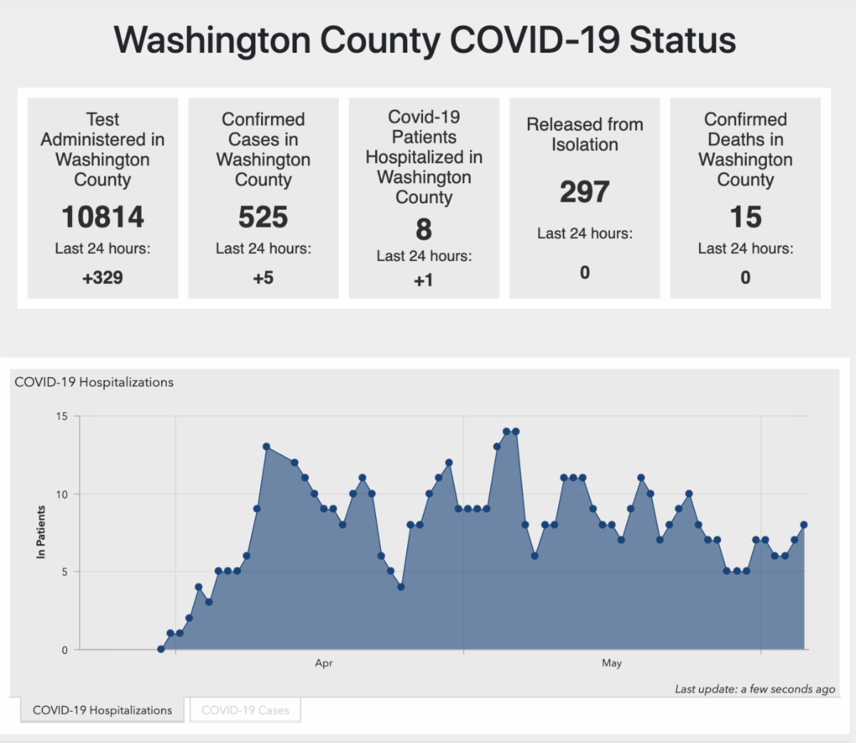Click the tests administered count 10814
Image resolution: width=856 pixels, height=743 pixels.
[103, 217]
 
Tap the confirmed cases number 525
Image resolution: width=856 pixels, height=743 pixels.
[263, 217]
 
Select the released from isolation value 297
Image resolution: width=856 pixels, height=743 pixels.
[584, 192]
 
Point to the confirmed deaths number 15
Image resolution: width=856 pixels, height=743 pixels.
[745, 217]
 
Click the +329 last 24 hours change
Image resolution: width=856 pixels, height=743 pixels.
[103, 277]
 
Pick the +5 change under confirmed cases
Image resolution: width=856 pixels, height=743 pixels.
[263, 277]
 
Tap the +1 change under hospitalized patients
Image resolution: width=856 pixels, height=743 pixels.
[424, 281]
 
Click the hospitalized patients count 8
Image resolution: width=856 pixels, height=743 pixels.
[424, 230]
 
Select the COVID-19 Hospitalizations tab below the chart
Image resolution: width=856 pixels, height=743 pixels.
[102, 710]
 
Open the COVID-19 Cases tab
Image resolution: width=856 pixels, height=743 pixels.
[245, 710]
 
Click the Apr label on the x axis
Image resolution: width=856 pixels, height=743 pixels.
[324, 663]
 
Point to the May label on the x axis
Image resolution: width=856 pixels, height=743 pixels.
[611, 663]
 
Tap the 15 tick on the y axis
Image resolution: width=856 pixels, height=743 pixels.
[62, 416]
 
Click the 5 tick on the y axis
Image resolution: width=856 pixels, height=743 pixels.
[65, 572]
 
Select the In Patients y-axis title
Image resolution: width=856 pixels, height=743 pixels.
[41, 532]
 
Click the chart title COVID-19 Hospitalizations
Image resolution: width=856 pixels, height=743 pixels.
[94, 382]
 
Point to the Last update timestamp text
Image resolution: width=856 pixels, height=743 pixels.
[755, 689]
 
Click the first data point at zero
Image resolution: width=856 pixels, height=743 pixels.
[161, 649]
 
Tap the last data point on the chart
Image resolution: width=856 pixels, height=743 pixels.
[804, 525]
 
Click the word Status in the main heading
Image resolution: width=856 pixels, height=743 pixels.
[683, 40]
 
